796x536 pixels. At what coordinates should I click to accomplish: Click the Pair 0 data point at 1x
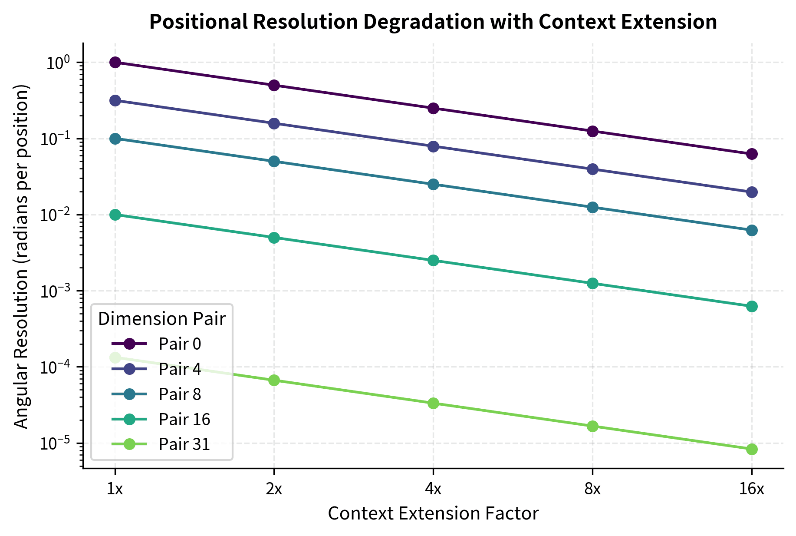pos(115,63)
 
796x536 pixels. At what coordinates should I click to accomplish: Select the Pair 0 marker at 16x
pos(752,154)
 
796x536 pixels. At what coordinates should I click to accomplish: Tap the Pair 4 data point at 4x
pos(433,146)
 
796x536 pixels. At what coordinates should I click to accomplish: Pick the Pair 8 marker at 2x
pos(274,162)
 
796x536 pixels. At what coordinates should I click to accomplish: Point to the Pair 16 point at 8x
pos(592,284)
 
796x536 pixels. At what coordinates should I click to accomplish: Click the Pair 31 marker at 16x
pos(752,449)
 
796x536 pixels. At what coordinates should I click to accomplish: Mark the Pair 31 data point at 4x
pos(433,404)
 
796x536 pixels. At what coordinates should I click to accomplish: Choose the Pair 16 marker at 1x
pos(115,215)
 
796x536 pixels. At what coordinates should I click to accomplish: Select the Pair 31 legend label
pos(184,444)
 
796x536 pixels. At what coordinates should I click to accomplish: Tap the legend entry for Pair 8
pos(180,394)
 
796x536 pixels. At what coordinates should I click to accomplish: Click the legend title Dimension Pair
pos(161,319)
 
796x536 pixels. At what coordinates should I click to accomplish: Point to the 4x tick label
pos(433,490)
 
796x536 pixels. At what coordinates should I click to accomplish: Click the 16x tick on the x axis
pos(752,490)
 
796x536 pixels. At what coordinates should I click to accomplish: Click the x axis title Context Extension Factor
pos(433,514)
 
